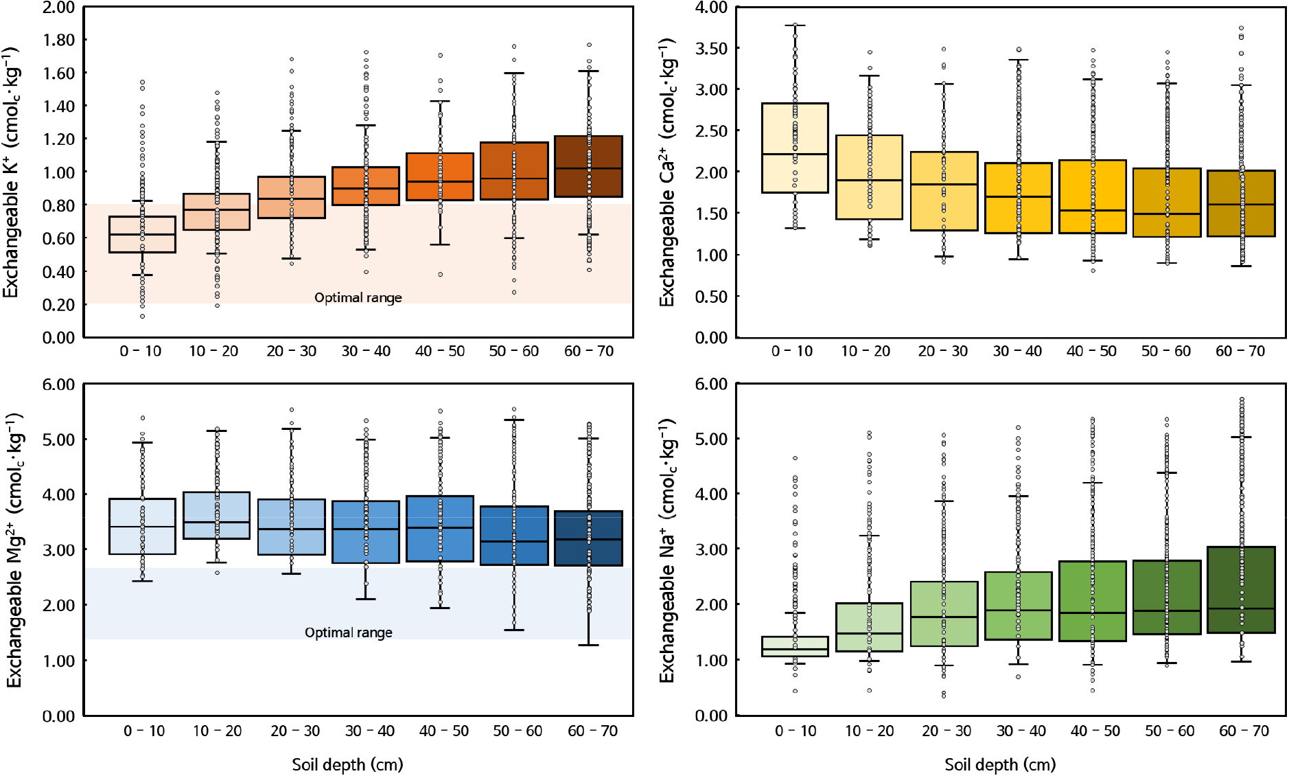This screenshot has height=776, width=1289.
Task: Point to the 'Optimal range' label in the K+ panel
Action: coord(358,297)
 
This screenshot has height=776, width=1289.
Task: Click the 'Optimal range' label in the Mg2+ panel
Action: coord(348,632)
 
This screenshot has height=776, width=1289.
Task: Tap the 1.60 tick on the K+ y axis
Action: coord(58,73)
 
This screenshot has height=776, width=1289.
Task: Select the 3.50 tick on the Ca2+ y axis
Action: coord(711,48)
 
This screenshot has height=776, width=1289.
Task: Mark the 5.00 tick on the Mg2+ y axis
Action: coord(58,440)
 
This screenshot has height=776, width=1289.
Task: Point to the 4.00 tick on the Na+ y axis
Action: coord(711,494)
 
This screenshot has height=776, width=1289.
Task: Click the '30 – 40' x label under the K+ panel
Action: coord(366,351)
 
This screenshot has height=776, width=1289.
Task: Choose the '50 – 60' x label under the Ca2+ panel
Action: coord(1165,351)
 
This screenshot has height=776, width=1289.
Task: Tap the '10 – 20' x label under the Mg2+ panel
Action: coord(217,731)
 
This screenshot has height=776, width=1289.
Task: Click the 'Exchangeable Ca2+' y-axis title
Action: coord(667,172)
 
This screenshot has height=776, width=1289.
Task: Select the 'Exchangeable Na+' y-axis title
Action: coord(667,549)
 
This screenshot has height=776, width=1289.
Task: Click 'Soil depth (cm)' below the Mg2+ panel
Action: coord(347,764)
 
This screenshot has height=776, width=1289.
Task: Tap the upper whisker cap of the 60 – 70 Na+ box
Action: coord(1241,437)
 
